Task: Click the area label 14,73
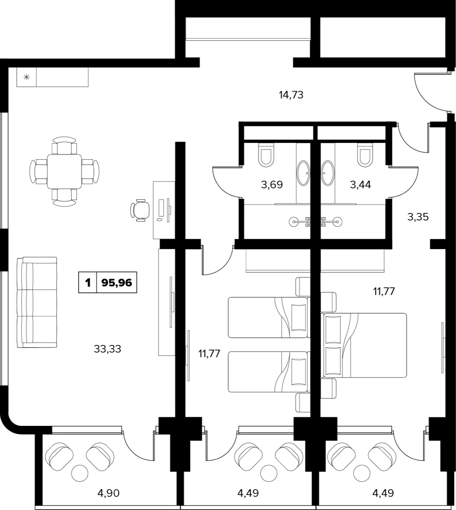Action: point(291,95)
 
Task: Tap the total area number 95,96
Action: point(117,283)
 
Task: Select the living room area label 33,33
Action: point(107,349)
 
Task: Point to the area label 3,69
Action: point(272,185)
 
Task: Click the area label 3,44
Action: point(360,185)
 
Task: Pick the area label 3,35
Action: point(418,217)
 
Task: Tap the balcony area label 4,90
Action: point(109,493)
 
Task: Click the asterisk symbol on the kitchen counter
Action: point(27,77)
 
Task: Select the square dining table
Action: point(64,172)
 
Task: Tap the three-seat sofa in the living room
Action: point(37,302)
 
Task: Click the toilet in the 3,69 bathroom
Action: point(266,155)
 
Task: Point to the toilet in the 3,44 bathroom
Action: point(365,155)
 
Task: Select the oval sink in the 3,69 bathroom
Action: point(303,173)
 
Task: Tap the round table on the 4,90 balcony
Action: point(80,473)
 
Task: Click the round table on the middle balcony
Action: point(269,473)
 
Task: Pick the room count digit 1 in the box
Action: point(87,283)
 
